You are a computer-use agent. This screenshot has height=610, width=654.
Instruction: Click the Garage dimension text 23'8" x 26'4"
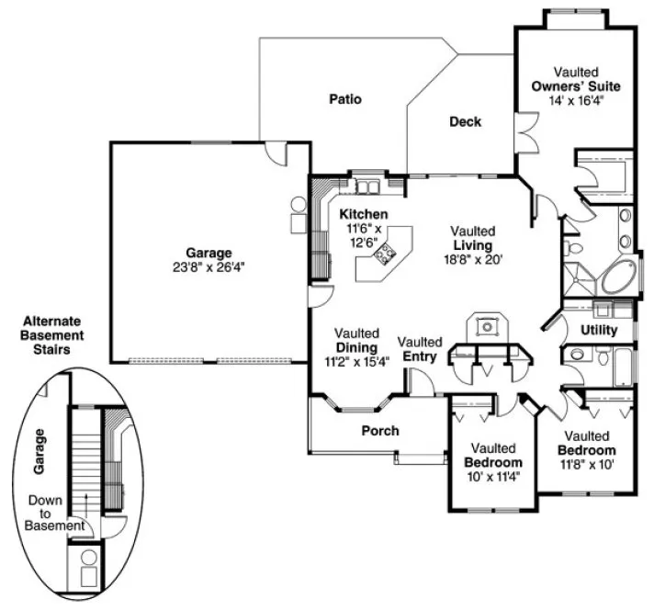(208, 267)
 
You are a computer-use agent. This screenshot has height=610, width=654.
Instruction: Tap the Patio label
(345, 99)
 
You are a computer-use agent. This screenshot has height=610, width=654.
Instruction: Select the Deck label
(465, 121)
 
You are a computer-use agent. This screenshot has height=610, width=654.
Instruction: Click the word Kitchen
(363, 214)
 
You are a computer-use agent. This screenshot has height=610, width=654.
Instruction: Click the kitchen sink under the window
(368, 187)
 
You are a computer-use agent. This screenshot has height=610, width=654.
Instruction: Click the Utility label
(598, 331)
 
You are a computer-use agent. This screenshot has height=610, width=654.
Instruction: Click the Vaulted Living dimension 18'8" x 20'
(471, 260)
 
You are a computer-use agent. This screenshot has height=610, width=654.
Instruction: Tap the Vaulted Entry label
(420, 349)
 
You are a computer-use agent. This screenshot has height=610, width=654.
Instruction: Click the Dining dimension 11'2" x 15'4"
(356, 361)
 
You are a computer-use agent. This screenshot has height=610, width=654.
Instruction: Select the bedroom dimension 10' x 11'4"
(492, 476)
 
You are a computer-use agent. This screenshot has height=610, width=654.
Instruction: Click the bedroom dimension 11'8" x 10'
(586, 465)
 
